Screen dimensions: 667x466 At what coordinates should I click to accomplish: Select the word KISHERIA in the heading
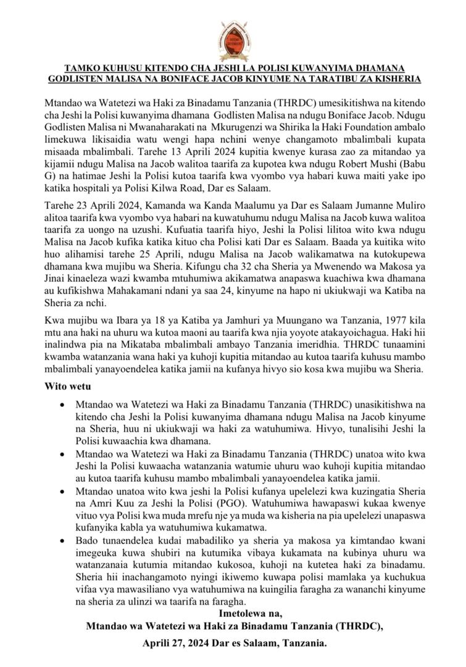click(398, 78)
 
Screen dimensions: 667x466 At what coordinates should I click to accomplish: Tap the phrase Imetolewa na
click(251, 614)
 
